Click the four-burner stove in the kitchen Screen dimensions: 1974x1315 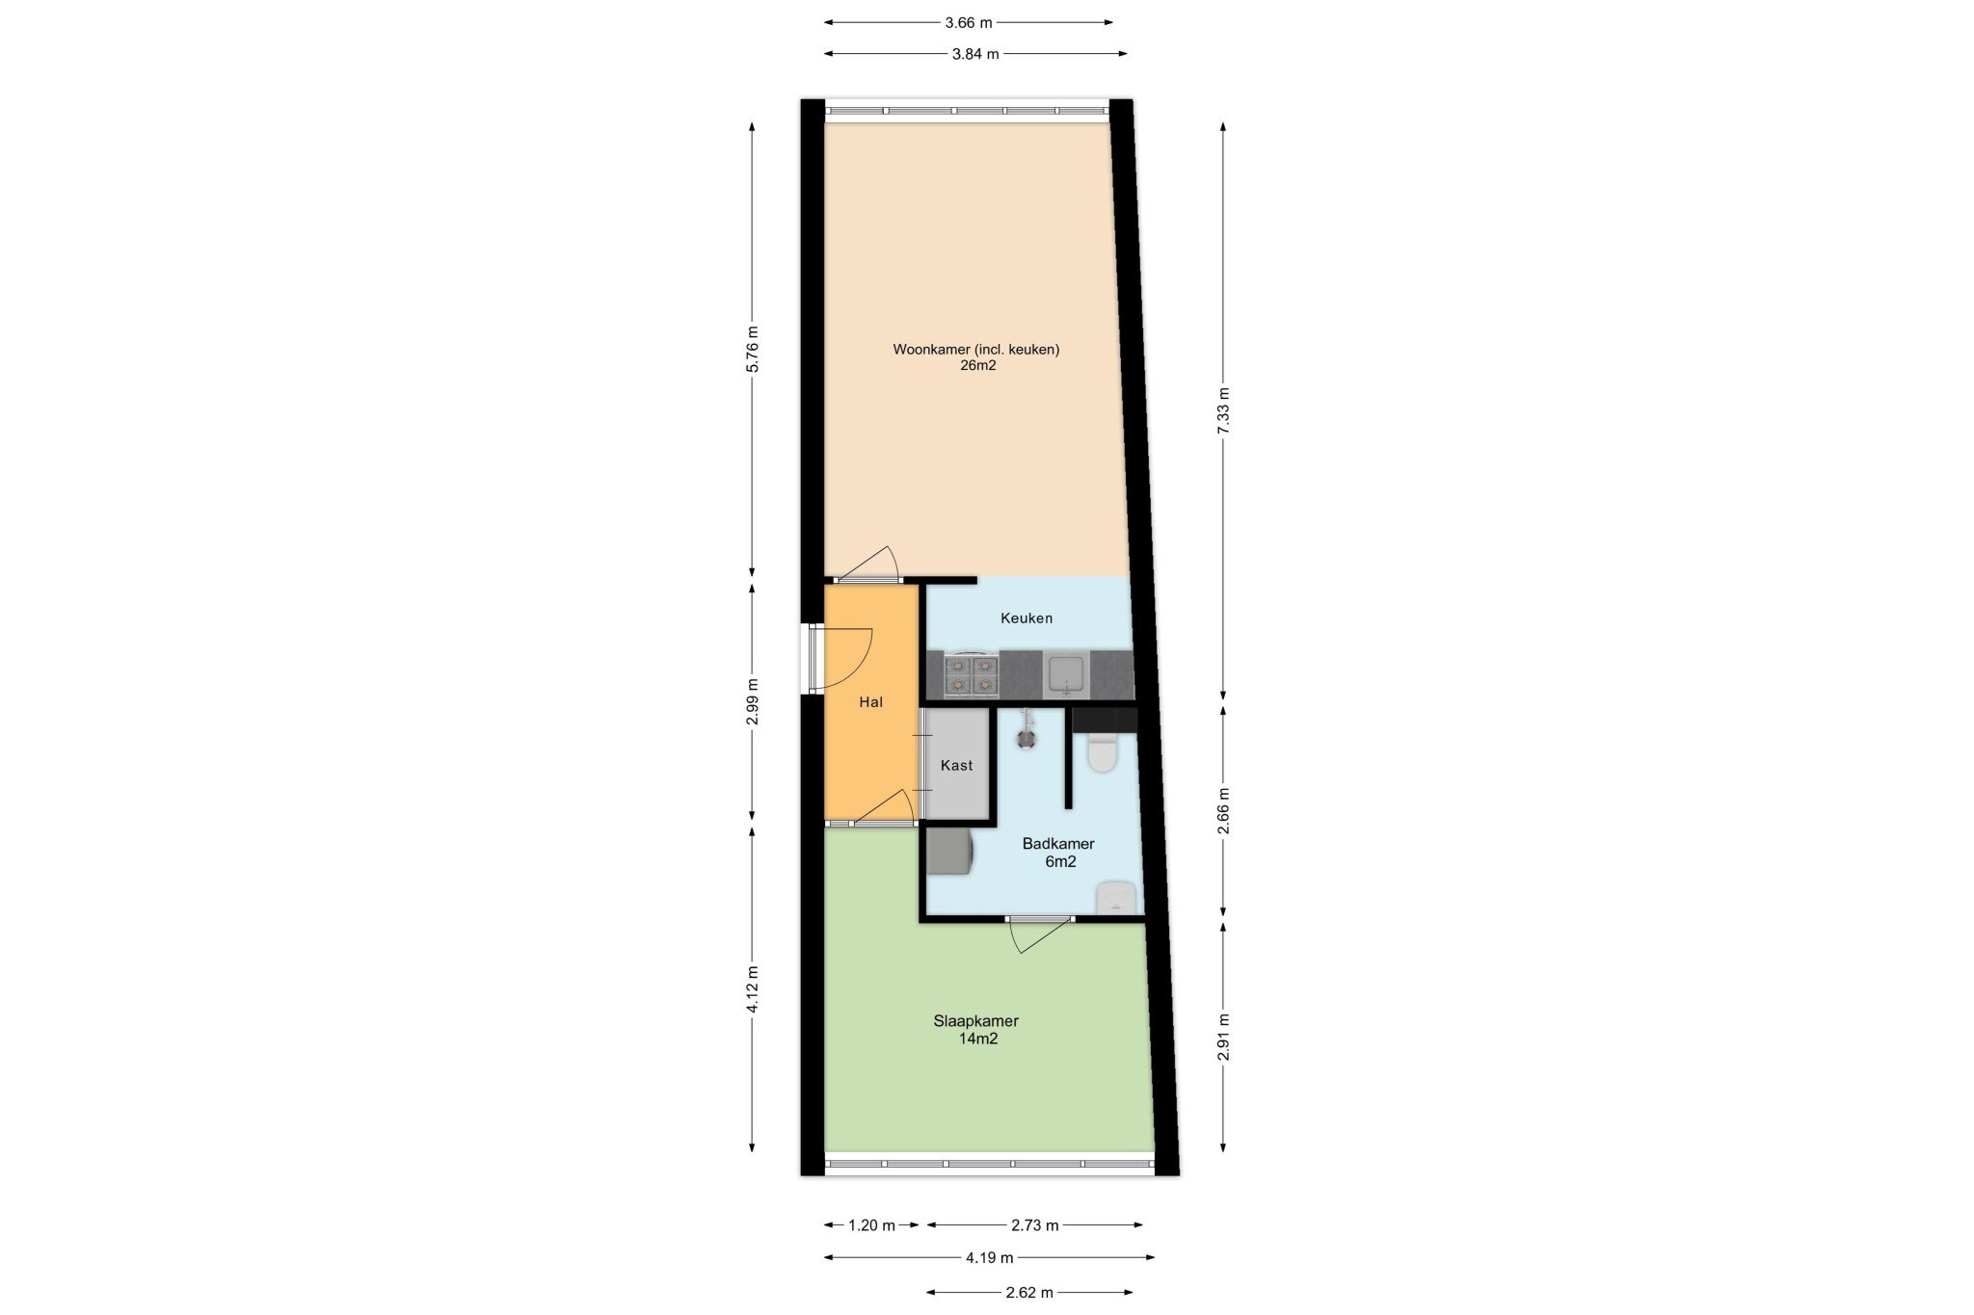pos(971,674)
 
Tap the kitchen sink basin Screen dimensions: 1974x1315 pos(1066,673)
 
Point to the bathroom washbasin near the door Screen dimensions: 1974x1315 pos(1115,897)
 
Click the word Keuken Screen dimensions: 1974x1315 pos(1027,618)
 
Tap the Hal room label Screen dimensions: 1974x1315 pos(870,702)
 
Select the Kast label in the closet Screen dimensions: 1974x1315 pos(956,766)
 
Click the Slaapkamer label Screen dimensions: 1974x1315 pos(975,1021)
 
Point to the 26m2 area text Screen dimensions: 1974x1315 pos(977,366)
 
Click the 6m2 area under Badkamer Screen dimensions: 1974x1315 pos(1060,862)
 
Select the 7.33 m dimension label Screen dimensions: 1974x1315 pos(1223,410)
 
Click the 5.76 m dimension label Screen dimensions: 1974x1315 pos(753,350)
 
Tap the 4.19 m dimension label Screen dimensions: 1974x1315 pos(990,1257)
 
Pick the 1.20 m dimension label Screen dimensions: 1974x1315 pos(871,1225)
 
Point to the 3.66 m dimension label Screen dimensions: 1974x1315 pos(969,22)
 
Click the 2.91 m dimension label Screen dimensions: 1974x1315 pos(1223,1038)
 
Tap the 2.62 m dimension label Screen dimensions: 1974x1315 pos(1029,1293)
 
